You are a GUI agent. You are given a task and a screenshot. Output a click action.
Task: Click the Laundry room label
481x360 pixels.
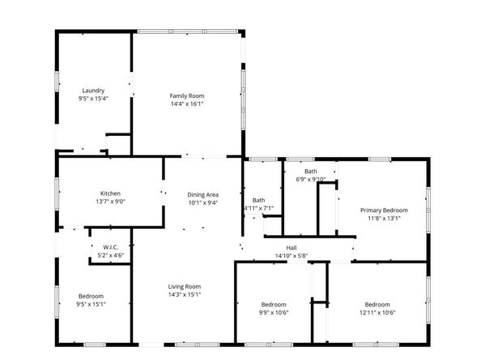pos(93,90)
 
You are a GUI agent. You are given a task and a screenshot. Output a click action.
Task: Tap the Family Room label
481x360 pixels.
pos(186,95)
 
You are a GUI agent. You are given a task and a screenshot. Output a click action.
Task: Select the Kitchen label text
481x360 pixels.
pos(110,193)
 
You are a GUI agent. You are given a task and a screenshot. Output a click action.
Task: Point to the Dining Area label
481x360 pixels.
pos(203,194)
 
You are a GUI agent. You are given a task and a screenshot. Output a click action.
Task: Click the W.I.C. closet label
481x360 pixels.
pos(110,247)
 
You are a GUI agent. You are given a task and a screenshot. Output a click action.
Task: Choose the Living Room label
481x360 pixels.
pos(184,286)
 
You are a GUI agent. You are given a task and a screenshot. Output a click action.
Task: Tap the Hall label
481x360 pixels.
pos(292,248)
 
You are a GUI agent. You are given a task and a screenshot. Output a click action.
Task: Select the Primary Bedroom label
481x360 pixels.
pos(384,210)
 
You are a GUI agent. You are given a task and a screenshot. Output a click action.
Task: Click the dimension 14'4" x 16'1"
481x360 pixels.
pos(186,104)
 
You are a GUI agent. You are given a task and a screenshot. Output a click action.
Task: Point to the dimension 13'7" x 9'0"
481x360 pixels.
pos(110,202)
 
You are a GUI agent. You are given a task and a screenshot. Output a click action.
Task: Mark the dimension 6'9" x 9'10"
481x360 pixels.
pos(310,180)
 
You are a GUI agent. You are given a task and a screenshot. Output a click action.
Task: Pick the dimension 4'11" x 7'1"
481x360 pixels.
pos(258,208)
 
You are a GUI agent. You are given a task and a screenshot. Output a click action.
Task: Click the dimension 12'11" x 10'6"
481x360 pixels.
pos(377,312)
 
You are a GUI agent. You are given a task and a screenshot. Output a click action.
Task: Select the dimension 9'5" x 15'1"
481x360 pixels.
pos(91,304)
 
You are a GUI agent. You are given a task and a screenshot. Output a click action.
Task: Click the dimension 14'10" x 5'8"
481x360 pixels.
pos(292,256)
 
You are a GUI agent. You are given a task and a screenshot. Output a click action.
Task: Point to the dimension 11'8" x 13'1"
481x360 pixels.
pos(384,218)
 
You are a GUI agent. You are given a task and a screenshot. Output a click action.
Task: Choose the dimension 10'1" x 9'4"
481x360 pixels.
pos(203,203)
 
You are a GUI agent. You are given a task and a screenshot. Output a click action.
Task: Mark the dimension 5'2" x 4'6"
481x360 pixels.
pos(110,255)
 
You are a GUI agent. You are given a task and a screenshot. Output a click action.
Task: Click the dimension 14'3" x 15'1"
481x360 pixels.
pos(184,295)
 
